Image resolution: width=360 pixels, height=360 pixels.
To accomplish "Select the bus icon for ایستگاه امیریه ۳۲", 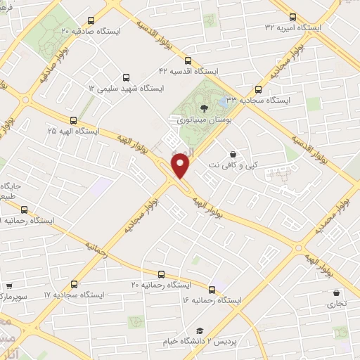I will (293, 16).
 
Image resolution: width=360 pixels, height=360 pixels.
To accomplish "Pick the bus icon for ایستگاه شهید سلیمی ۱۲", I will (126, 77).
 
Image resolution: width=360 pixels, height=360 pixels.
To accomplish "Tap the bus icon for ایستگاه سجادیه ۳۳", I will (258, 89).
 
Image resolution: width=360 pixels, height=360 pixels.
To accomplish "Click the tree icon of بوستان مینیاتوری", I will (204, 108).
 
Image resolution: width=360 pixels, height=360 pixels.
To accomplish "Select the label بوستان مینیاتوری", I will (203, 121).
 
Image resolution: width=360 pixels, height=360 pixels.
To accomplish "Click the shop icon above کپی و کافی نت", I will (233, 154).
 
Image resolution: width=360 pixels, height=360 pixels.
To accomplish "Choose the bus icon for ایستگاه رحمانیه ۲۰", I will (161, 274).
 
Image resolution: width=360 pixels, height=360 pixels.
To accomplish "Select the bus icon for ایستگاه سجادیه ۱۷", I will (74, 284).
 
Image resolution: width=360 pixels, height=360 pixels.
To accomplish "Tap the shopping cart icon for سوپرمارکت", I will (8, 286).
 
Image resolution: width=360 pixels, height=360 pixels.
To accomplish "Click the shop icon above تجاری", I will (336, 293).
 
